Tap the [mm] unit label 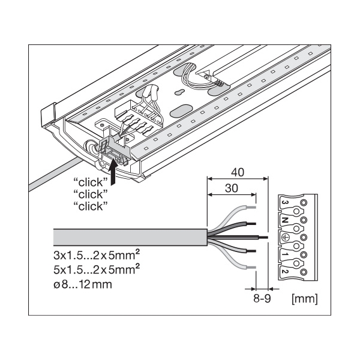(x=303, y=296)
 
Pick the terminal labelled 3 (x=285, y=204)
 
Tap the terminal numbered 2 (x=286, y=271)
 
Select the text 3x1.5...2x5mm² (x=92, y=254)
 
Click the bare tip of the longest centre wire (x=263, y=236)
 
